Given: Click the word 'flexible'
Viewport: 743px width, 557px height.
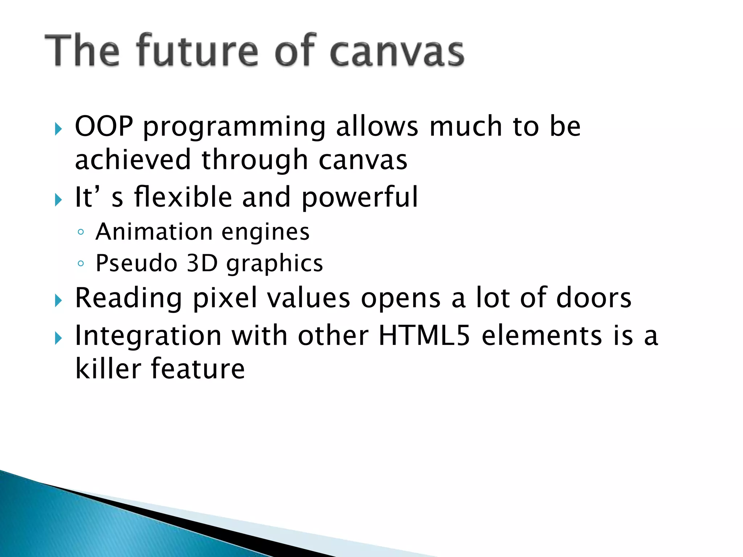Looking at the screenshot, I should point(183,197).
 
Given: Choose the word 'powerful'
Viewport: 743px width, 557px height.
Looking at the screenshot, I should point(360,197).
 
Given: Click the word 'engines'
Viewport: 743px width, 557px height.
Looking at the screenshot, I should point(266,232).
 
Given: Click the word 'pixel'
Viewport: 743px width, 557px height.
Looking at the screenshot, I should point(225,298).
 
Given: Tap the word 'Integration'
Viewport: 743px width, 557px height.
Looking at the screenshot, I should point(148,336).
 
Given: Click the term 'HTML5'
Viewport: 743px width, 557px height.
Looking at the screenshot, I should point(424,335).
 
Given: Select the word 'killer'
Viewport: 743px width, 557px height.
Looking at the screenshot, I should point(108,368).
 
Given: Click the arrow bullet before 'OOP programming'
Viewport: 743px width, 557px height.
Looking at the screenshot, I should point(58,129).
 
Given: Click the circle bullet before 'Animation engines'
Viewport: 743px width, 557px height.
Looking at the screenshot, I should point(81,232).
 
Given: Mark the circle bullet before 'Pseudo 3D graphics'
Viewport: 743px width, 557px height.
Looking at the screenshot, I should point(81,264).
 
